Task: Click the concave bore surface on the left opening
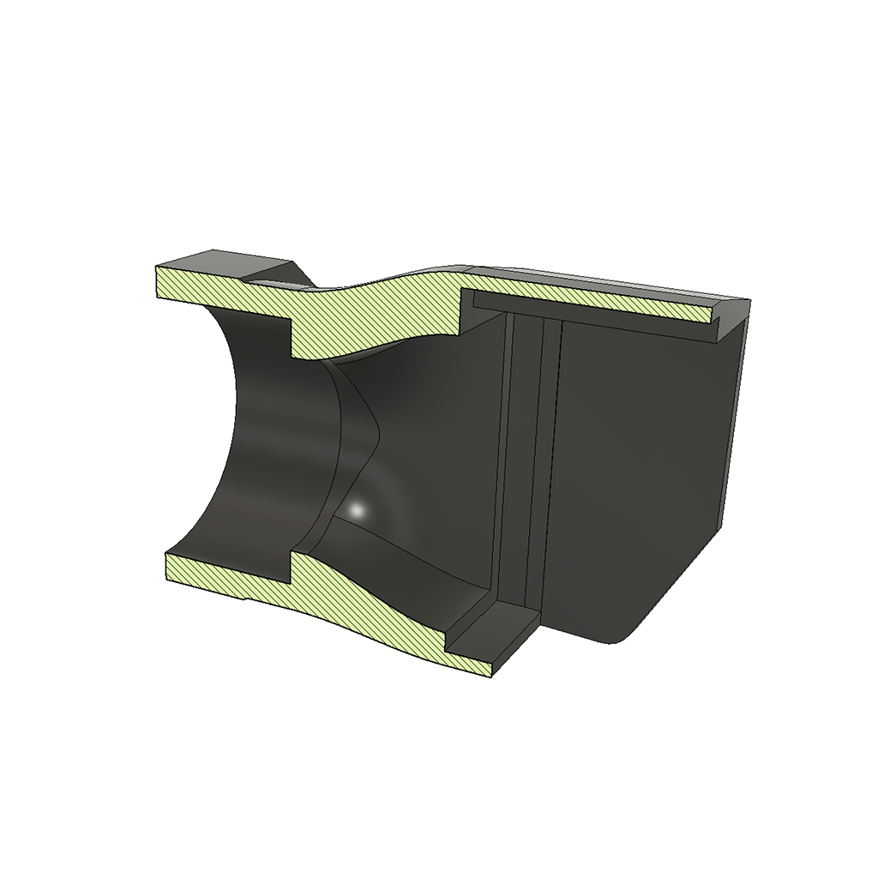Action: point(257,446)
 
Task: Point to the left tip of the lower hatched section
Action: point(166,556)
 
